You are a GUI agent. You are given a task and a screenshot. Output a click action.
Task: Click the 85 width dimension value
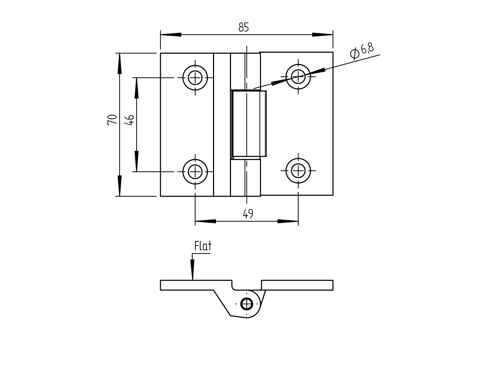(243, 27)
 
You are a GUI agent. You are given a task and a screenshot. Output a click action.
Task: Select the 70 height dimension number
(112, 120)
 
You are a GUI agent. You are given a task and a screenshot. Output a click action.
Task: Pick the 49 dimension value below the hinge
(248, 214)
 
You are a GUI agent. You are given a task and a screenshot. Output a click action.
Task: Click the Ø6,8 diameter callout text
(362, 51)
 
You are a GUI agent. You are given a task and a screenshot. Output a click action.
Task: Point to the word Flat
(203, 246)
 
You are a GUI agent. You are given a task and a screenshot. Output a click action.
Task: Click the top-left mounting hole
(195, 78)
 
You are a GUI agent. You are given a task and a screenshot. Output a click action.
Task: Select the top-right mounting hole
(298, 77)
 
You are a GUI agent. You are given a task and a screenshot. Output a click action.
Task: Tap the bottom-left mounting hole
(195, 172)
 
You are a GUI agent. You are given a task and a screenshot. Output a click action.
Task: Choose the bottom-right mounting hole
(298, 171)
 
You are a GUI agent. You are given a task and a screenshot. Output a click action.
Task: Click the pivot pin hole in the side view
(247, 304)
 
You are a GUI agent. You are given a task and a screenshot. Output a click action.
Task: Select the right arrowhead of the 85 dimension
(322, 35)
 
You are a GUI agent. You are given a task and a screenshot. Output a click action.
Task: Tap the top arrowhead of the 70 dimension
(119, 64)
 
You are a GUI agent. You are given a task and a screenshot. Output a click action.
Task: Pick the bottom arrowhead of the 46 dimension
(137, 161)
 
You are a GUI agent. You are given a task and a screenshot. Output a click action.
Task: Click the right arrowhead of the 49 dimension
(288, 221)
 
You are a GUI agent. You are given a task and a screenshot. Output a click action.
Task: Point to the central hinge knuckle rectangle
(249, 124)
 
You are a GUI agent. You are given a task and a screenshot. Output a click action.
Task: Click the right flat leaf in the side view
(297, 285)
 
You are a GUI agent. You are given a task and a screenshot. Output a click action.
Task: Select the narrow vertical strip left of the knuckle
(222, 125)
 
